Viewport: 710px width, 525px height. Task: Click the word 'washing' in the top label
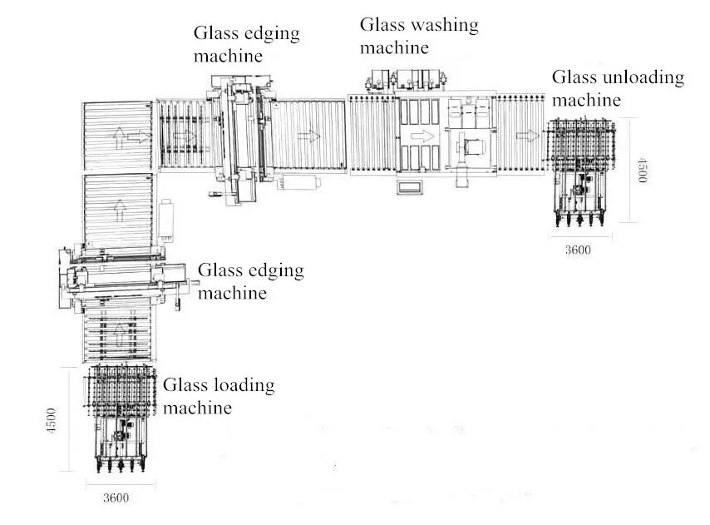(x=441, y=26)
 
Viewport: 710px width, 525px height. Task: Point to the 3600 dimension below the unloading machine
(x=577, y=250)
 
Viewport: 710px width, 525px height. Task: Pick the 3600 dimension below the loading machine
(x=116, y=498)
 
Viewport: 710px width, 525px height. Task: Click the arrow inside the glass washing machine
(x=423, y=135)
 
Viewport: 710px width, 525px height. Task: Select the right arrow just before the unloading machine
(x=525, y=135)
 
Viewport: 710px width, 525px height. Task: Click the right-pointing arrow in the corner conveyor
(x=138, y=136)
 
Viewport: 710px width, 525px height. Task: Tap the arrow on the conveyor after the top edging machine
(x=308, y=135)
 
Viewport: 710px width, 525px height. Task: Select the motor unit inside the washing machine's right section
(x=472, y=148)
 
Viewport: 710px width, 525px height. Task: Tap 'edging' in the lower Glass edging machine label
(x=274, y=271)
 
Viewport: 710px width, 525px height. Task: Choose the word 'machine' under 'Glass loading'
(x=197, y=408)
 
